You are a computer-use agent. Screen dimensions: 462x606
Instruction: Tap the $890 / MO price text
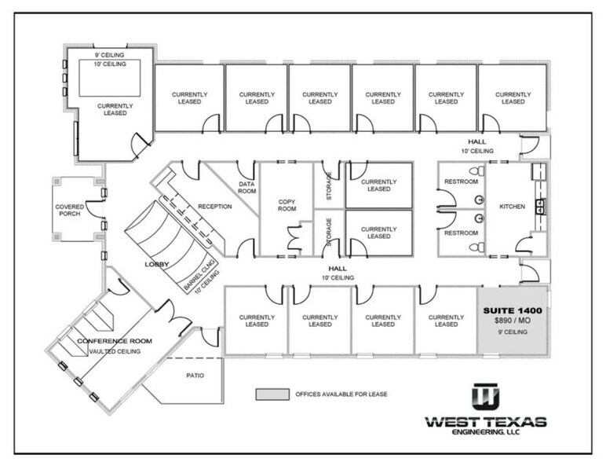[x=513, y=322]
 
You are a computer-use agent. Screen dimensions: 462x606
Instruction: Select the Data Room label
[x=247, y=186]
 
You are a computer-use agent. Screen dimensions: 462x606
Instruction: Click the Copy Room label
[x=287, y=205]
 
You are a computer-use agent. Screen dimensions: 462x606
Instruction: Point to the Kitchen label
[x=512, y=207]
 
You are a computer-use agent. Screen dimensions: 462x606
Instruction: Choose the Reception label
[x=215, y=207]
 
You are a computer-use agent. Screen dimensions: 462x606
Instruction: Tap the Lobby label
[x=157, y=265]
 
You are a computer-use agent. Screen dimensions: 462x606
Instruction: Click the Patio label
[x=195, y=375]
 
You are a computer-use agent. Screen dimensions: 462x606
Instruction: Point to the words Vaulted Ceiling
[x=115, y=351]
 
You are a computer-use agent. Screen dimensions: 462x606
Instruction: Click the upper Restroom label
[x=462, y=181]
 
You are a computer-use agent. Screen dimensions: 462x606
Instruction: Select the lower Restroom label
[x=462, y=233]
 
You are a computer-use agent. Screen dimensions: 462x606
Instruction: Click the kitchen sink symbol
[x=541, y=206]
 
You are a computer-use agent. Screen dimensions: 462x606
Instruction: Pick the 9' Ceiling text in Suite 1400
[x=513, y=332]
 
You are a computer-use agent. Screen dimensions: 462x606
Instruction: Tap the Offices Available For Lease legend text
[x=341, y=394]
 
